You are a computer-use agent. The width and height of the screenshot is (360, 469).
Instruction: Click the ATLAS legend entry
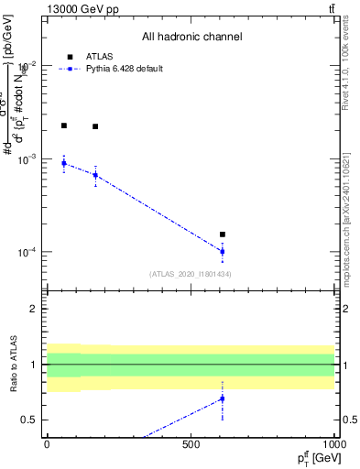(85, 56)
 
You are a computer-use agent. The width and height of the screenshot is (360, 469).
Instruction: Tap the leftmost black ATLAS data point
(64, 125)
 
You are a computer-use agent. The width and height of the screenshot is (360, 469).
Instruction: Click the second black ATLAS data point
(95, 126)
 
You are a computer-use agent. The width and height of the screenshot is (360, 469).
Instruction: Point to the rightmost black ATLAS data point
(223, 234)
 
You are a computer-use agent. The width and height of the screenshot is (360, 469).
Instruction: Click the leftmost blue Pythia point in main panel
(64, 163)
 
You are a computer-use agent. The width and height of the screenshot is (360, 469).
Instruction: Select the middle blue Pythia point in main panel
(95, 175)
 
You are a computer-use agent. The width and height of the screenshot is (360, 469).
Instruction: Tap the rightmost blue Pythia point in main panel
(223, 251)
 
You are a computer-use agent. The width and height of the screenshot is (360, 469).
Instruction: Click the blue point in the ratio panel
(223, 398)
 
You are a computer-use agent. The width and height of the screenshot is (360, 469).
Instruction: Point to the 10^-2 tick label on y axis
(29, 66)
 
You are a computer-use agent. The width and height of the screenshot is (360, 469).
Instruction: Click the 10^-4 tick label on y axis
(29, 252)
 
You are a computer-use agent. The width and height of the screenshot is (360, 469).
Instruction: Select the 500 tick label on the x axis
(191, 444)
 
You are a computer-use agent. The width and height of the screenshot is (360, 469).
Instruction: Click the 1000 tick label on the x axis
(333, 444)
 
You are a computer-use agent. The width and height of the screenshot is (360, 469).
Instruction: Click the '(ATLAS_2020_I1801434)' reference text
(191, 274)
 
